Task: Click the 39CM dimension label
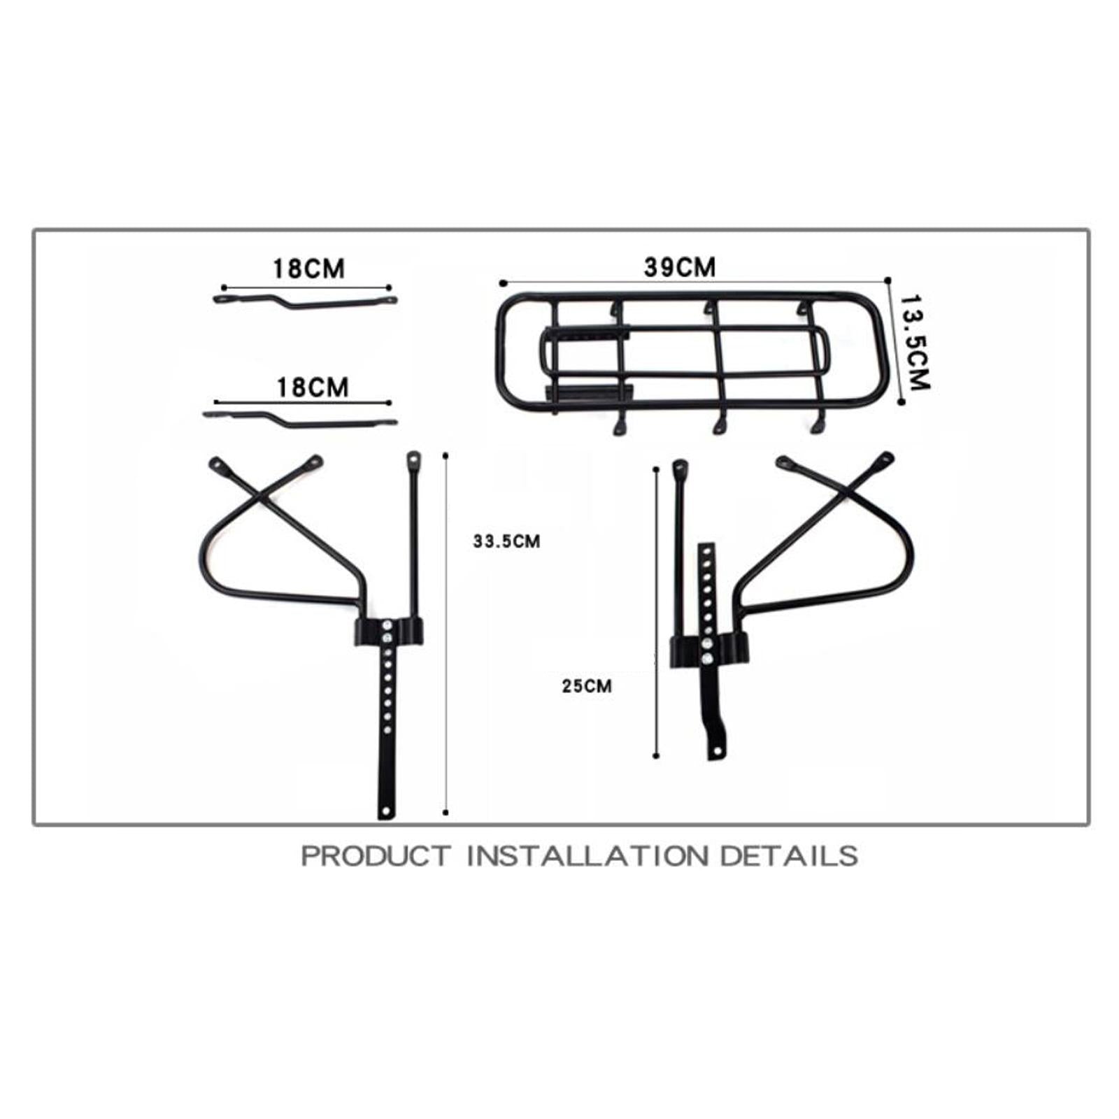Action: (680, 267)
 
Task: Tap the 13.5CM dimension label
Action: (914, 342)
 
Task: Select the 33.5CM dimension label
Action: (506, 541)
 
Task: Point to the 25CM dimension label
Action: (587, 686)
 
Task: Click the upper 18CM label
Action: (308, 269)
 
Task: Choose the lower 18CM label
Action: (313, 387)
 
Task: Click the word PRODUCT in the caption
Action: (376, 856)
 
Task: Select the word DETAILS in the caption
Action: (789, 856)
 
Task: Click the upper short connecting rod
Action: (305, 302)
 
